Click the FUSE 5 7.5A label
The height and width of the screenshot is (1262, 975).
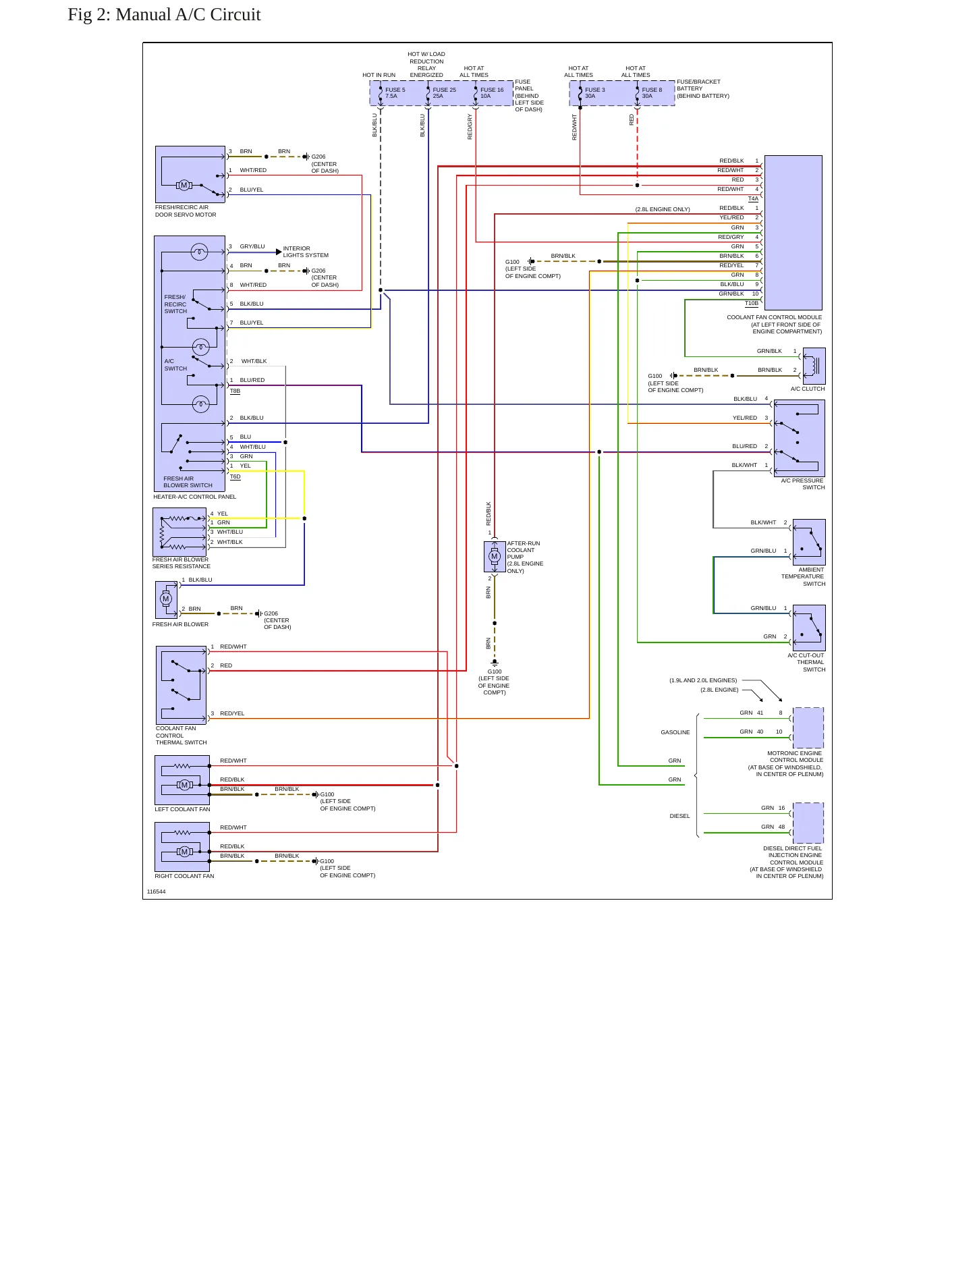tap(395, 93)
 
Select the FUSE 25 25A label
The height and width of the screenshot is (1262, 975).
tap(444, 93)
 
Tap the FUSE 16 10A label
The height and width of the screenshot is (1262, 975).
tap(492, 93)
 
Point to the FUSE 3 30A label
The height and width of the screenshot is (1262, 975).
tap(595, 93)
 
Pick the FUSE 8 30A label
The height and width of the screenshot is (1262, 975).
tap(652, 93)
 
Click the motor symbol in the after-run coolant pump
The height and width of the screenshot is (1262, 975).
tap(495, 557)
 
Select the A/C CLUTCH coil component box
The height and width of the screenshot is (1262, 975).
tap(814, 366)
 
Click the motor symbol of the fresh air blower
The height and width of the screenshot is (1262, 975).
tap(166, 599)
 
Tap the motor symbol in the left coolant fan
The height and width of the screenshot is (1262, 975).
tap(184, 785)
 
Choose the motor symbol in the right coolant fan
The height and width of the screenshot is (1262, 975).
tap(184, 852)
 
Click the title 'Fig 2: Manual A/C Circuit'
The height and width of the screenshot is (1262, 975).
tap(164, 15)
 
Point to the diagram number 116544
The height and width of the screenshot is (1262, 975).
tap(157, 891)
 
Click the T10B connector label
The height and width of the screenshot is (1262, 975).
tap(752, 304)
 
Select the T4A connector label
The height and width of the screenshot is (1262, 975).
tap(753, 199)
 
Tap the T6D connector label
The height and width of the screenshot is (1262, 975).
tap(235, 476)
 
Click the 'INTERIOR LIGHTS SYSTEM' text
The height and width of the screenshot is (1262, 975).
tap(306, 252)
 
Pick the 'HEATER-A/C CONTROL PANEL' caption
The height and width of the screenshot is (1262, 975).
tap(195, 497)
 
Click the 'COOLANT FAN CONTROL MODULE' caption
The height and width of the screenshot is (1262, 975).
tap(775, 317)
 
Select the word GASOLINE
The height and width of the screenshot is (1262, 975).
tap(675, 732)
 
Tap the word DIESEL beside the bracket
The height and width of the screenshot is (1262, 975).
tap(679, 816)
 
